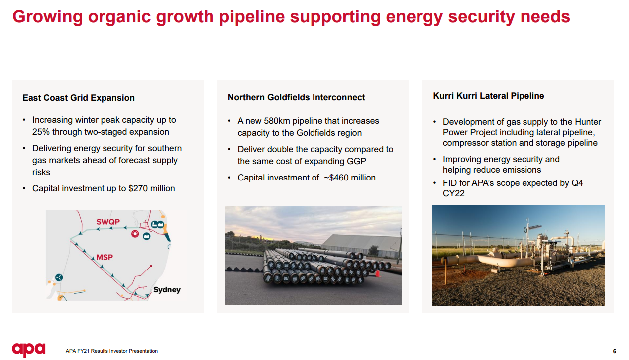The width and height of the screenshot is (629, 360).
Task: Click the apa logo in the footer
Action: coord(28,350)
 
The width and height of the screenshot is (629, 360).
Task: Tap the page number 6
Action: coord(614,351)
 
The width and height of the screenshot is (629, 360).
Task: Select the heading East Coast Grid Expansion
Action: coord(79,98)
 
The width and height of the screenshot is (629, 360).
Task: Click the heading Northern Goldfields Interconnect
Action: coord(296,97)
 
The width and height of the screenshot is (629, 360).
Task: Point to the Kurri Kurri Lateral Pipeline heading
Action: coord(488,96)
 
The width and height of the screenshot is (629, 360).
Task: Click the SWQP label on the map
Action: coord(108,222)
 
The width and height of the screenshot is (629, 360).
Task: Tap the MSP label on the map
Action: coord(105,257)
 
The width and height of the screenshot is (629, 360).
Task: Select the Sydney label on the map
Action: coord(167,290)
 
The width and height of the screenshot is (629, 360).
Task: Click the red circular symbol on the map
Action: coord(135,234)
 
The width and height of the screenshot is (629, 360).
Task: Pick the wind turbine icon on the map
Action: coord(59,277)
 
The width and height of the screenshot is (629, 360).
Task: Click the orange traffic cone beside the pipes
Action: coord(378,273)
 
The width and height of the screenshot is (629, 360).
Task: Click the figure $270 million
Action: coord(152,188)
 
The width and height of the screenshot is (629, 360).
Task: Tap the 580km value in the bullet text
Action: coord(277,121)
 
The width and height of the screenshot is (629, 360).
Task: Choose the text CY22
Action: coord(453,193)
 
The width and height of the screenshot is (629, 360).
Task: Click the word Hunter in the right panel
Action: coord(588,122)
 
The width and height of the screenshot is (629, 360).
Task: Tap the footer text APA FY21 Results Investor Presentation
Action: coord(111,351)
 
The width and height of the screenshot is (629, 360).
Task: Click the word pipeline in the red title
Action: coord(252,17)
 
